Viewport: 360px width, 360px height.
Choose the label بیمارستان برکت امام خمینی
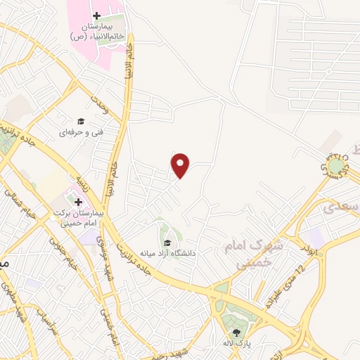click(77, 215)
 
